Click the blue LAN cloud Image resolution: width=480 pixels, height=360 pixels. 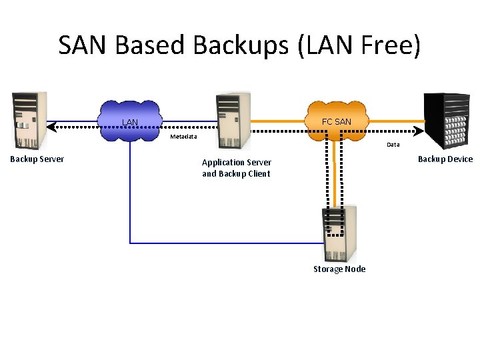pyautogui.click(x=131, y=121)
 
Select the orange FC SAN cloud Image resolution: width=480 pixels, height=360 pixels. pyautogui.click(x=336, y=121)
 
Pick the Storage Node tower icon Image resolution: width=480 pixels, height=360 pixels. pyautogui.click(x=339, y=233)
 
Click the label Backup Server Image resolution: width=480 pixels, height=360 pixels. pyautogui.click(x=37, y=159)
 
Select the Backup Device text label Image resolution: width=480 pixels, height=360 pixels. pyautogui.click(x=445, y=159)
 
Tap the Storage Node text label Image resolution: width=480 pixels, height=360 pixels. pyautogui.click(x=339, y=269)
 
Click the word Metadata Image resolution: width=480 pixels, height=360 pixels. pyautogui.click(x=183, y=137)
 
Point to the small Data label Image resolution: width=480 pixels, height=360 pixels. pyautogui.click(x=393, y=144)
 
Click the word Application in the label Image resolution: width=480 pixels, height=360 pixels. pyautogui.click(x=223, y=163)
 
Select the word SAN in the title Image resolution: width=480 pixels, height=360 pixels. pyautogui.click(x=83, y=45)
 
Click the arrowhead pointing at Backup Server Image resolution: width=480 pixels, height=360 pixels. pyautogui.click(x=51, y=125)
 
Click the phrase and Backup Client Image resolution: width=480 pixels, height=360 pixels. pyautogui.click(x=236, y=174)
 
